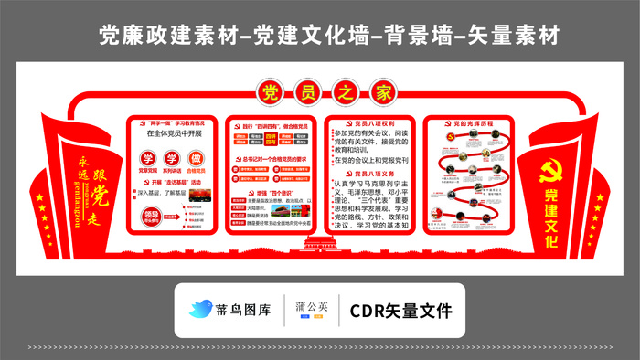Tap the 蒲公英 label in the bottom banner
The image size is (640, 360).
[x=314, y=310]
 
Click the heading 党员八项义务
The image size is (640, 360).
[x=369, y=174]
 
